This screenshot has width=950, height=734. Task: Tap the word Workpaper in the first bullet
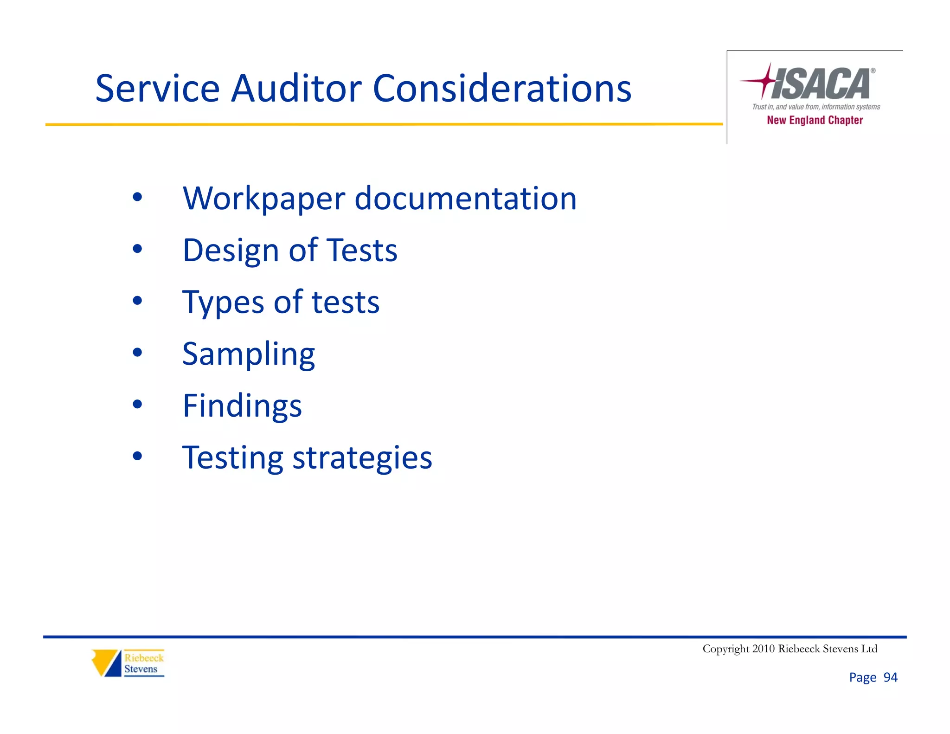point(264,199)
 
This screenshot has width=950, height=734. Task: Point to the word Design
point(231,251)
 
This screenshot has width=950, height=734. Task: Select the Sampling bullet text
point(249,354)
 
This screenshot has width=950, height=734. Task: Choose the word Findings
point(242,406)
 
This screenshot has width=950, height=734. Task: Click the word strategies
point(362,458)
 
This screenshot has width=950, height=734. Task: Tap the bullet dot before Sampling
point(137,353)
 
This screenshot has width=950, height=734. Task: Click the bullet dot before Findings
point(137,405)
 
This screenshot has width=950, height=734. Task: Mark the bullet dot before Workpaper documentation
point(137,197)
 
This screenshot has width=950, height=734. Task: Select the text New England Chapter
point(815,120)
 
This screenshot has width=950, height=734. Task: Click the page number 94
point(890,677)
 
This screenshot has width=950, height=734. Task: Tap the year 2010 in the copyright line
point(763,649)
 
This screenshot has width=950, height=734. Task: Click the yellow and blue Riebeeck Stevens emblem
point(106,663)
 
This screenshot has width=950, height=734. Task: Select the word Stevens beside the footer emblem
point(141,669)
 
